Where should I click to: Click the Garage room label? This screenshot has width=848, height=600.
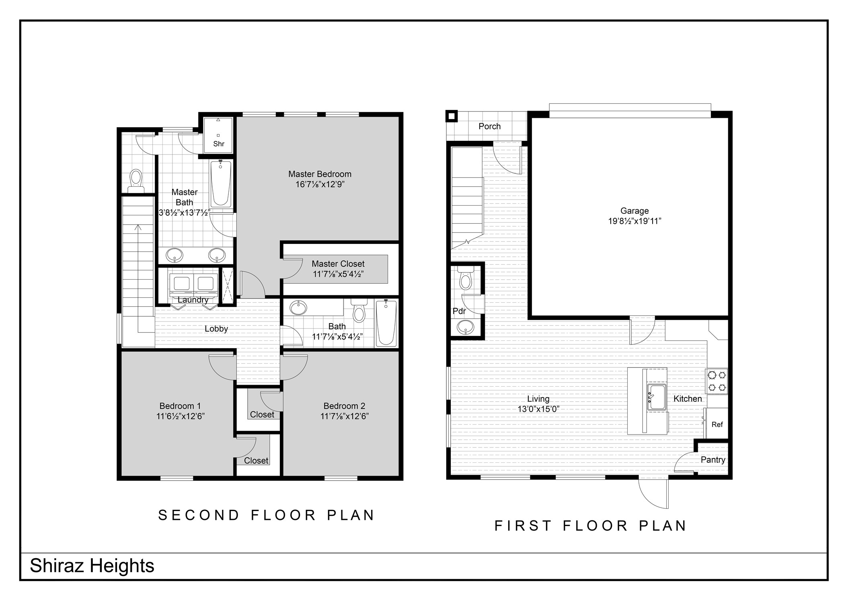[x=634, y=210]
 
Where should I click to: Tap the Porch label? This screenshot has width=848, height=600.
[x=489, y=126]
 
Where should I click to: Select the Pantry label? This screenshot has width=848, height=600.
[x=713, y=460]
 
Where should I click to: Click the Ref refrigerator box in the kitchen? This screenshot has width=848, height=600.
[x=717, y=424]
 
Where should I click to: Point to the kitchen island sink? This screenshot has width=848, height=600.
[x=657, y=397]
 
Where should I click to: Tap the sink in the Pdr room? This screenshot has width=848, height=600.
[x=466, y=327]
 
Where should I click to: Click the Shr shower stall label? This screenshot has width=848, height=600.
[x=219, y=144]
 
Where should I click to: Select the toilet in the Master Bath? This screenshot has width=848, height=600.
[x=136, y=181]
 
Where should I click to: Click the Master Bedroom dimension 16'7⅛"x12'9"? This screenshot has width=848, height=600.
[x=320, y=185]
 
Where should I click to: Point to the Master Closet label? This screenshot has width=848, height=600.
[x=338, y=264]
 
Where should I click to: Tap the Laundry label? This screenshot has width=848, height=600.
[x=193, y=300]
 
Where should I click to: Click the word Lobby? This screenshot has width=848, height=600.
[x=216, y=329]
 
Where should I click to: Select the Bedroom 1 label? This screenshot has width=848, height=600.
[x=180, y=406]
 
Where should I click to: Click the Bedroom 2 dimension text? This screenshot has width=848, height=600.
[x=345, y=416]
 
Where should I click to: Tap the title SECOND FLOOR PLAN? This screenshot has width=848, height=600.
[x=267, y=515]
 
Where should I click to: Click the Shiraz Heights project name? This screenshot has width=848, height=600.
[x=92, y=566]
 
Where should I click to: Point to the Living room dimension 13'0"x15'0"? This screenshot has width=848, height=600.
[x=538, y=409]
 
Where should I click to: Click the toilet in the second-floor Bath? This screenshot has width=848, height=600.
[x=359, y=310]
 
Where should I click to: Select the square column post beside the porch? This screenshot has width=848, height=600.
[x=452, y=116]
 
